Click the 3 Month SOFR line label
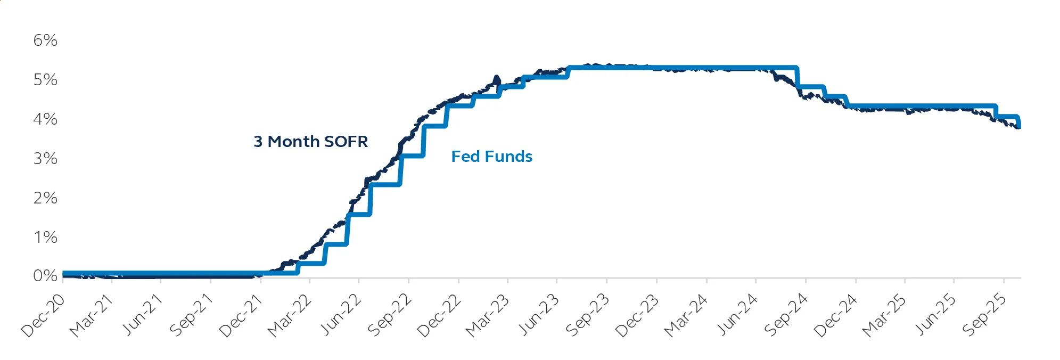tap(310, 142)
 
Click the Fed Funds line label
tap(491, 157)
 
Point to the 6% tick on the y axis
tap(45, 40)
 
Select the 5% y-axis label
tap(45, 79)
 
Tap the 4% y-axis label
tap(45, 119)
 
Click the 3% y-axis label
tap(45, 158)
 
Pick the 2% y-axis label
tap(45, 198)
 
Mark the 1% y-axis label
tap(45, 237)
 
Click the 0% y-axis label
tap(45, 276)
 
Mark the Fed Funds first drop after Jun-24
tap(797, 77)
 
